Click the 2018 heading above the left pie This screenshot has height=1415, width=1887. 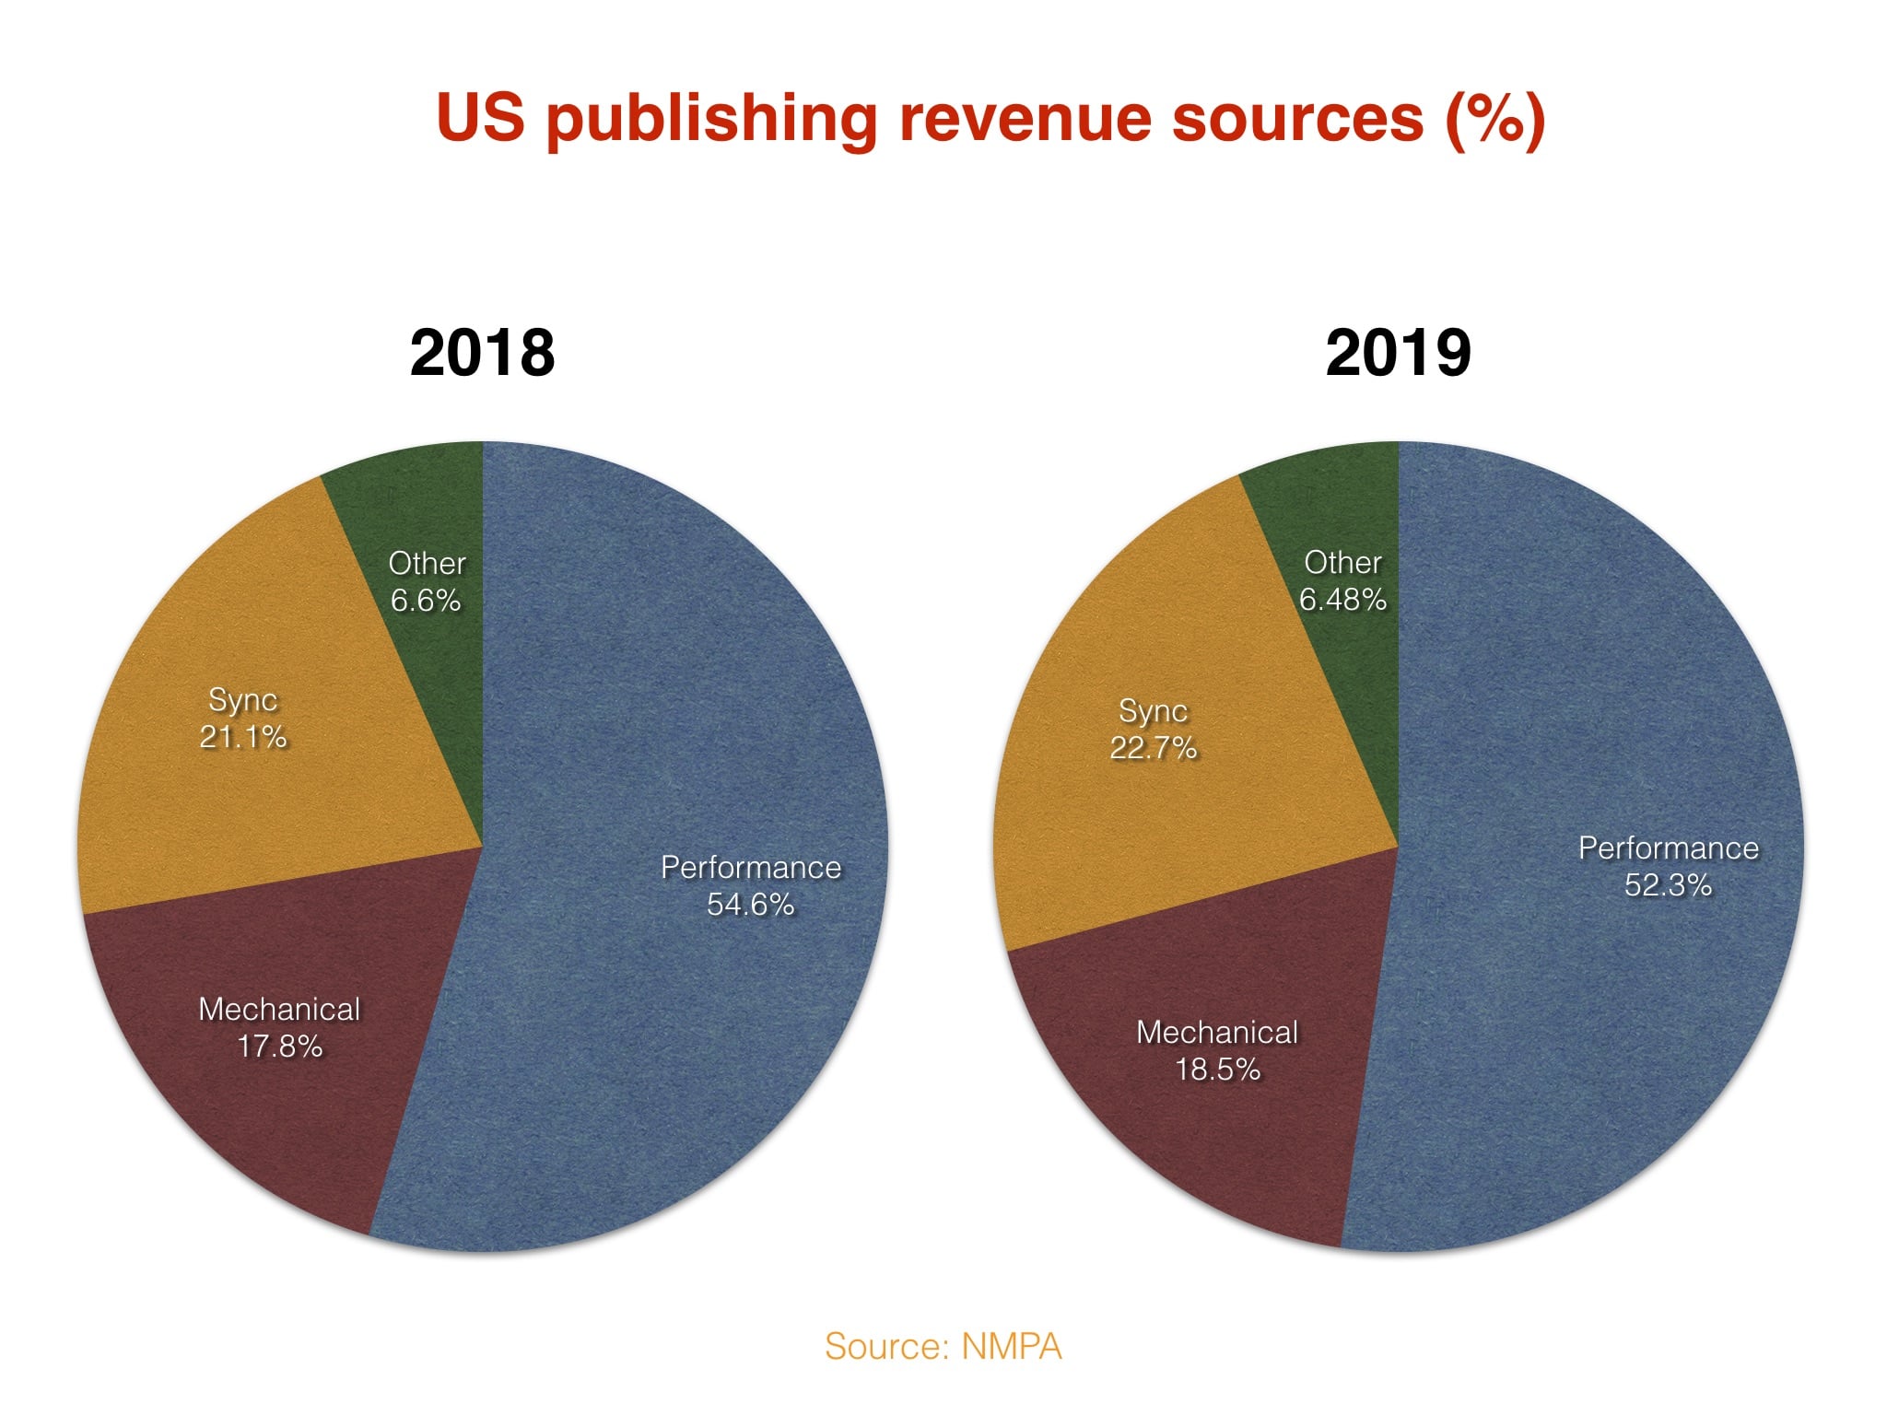click(x=482, y=353)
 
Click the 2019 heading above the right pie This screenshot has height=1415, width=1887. click(x=1398, y=353)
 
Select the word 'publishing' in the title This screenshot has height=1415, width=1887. click(x=711, y=120)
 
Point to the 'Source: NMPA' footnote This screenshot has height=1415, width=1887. click(x=943, y=1347)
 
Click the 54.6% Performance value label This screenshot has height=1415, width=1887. click(x=750, y=905)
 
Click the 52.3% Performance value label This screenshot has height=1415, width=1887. click(x=1668, y=885)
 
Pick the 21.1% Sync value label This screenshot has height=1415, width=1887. click(x=243, y=737)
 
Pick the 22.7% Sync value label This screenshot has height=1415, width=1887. click(x=1154, y=747)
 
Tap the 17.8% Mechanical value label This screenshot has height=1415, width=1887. click(x=280, y=1047)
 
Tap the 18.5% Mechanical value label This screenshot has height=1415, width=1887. click(x=1217, y=1070)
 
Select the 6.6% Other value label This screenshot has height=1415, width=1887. click(x=426, y=601)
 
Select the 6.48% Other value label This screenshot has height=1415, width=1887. click(x=1342, y=600)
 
